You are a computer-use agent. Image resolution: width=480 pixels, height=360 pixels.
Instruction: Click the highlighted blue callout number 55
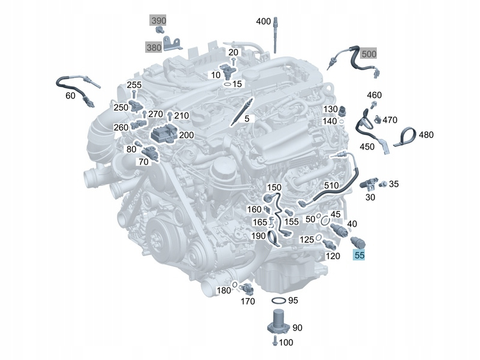click(359, 254)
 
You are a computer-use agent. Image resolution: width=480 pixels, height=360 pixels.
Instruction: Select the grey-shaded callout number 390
click(158, 20)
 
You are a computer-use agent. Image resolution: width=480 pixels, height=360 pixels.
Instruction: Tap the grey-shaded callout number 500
click(368, 54)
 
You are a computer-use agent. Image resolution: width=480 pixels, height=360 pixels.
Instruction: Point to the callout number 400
click(263, 22)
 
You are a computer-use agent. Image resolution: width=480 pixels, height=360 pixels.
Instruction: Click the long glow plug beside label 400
click(275, 35)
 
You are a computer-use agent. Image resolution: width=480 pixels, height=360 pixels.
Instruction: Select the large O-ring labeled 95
click(278, 301)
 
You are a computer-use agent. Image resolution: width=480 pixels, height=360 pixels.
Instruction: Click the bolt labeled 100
click(275, 341)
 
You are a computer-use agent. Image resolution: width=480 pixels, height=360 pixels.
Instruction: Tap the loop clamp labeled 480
click(405, 137)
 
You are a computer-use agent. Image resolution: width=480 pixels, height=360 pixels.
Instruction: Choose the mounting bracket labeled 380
click(172, 43)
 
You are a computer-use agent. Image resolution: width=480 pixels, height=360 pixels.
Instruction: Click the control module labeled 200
click(164, 133)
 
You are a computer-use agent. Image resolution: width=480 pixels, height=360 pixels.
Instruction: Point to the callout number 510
click(331, 185)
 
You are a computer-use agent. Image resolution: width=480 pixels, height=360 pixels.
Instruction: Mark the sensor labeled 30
click(369, 184)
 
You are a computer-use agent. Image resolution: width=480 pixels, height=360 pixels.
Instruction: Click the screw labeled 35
click(383, 184)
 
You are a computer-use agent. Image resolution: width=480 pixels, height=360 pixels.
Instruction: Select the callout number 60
click(70, 96)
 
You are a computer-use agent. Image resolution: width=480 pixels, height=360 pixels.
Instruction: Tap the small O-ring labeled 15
click(227, 84)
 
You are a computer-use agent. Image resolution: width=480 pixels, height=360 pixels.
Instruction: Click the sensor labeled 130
click(341, 111)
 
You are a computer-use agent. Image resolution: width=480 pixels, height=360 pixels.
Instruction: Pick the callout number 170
click(248, 302)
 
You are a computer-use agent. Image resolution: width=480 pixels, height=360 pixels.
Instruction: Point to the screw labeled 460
click(373, 104)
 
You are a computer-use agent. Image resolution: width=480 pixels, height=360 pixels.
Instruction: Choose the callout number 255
click(134, 85)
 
